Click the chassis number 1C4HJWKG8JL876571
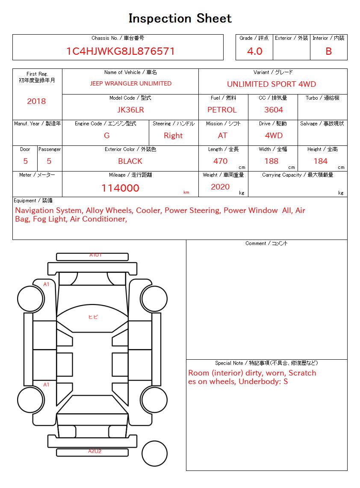pyautogui.click(x=120, y=51)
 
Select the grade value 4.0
pyautogui.click(x=254, y=51)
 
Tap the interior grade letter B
pyautogui.click(x=328, y=51)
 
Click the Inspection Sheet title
pyautogui.click(x=180, y=18)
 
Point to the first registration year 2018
pyautogui.click(x=36, y=101)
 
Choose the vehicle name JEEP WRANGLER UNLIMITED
pyautogui.click(x=130, y=83)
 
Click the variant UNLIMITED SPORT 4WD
pyautogui.click(x=271, y=84)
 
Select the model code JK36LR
pyautogui.click(x=130, y=110)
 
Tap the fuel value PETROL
pyautogui.click(x=222, y=110)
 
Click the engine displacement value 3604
pyautogui.click(x=274, y=110)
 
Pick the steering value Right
pyautogui.click(x=173, y=136)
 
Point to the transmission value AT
pyautogui.click(x=222, y=136)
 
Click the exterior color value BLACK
pyautogui.click(x=130, y=161)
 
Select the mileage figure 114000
pyautogui.click(x=120, y=188)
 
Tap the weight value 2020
pyautogui.click(x=220, y=187)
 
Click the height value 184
pyautogui.click(x=320, y=161)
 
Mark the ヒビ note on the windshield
pyautogui.click(x=93, y=317)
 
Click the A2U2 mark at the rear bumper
pyautogui.click(x=94, y=451)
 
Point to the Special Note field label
pyautogui.click(x=266, y=363)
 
